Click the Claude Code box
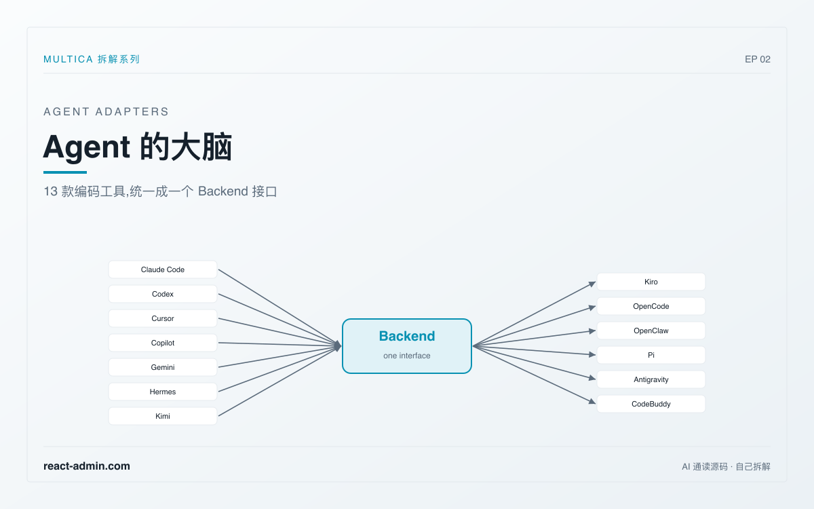click(163, 269)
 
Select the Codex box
click(163, 294)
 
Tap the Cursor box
click(163, 318)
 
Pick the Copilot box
click(163, 343)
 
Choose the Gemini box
click(163, 367)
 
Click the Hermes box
click(163, 392)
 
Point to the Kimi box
click(163, 416)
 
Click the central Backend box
click(407, 346)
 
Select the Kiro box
click(651, 282)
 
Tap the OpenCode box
click(651, 306)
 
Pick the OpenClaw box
click(651, 331)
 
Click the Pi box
click(651, 355)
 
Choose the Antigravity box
click(651, 379)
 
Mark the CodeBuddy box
click(651, 404)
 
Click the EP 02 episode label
click(757, 59)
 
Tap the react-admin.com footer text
click(87, 466)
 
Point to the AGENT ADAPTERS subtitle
click(106, 111)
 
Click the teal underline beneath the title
click(65, 172)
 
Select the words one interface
click(406, 356)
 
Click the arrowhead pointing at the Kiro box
click(592, 284)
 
